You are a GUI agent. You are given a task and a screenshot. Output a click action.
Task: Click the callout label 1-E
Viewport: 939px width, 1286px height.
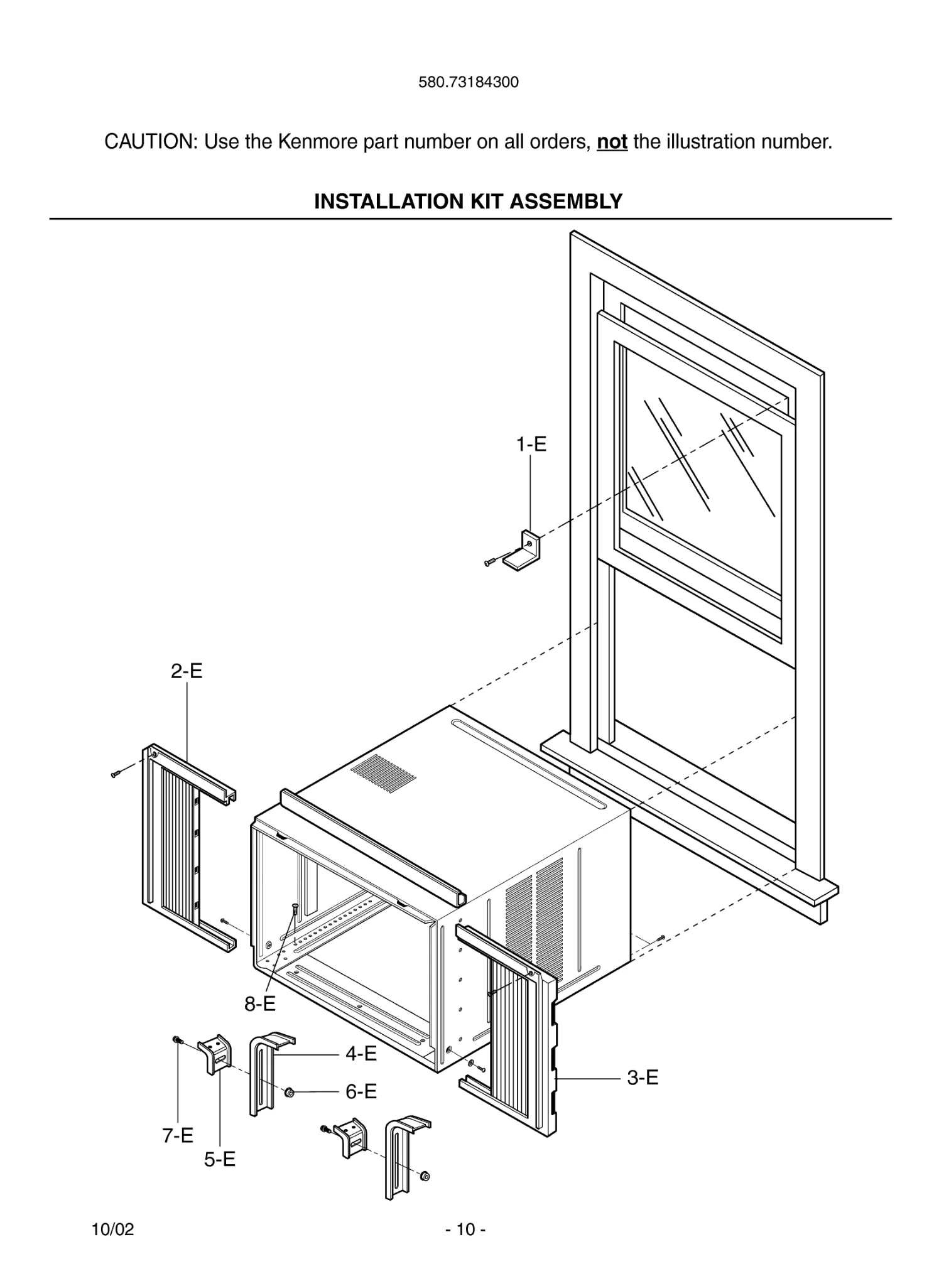(531, 445)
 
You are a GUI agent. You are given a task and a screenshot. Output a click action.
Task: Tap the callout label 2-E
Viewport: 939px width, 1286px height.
(187, 671)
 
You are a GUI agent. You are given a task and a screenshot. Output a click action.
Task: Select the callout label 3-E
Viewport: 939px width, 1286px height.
(643, 1078)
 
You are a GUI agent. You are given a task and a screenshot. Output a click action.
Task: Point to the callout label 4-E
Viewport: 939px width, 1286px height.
(361, 1053)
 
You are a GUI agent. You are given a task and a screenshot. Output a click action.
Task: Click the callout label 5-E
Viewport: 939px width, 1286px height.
(219, 1159)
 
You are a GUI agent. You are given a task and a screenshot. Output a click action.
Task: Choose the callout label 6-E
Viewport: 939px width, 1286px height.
(361, 1091)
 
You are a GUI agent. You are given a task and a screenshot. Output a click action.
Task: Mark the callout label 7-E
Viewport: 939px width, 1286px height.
(178, 1135)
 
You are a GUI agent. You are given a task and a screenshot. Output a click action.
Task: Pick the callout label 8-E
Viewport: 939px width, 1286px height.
(260, 1004)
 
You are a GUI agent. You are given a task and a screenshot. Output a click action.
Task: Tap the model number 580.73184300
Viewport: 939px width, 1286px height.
(469, 82)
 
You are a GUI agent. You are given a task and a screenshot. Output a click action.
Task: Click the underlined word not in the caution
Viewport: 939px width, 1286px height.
(612, 142)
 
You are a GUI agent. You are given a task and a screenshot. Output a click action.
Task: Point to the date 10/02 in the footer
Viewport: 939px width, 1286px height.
(113, 1229)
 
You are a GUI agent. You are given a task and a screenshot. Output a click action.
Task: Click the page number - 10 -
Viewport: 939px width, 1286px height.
(465, 1229)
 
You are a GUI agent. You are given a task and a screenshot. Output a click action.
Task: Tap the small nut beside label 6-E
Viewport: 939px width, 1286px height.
(290, 1093)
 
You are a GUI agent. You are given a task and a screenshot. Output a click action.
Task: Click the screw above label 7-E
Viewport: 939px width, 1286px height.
(178, 1040)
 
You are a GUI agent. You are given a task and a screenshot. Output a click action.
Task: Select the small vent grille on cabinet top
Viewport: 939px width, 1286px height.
(383, 774)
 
